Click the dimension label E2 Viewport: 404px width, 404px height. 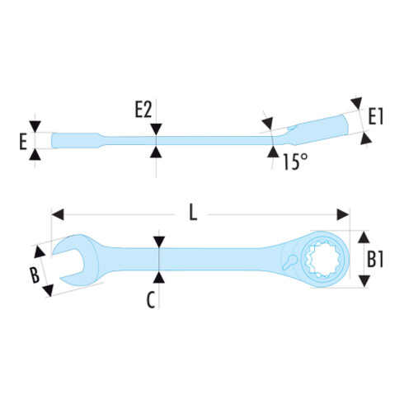[x=143, y=110]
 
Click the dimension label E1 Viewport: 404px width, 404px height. [x=375, y=116]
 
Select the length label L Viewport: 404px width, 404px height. [x=193, y=213]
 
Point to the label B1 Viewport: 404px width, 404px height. [x=375, y=259]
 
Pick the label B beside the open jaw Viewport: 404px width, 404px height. [x=35, y=275]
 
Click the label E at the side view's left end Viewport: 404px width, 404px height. [x=23, y=142]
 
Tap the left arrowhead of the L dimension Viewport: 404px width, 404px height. [x=58, y=214]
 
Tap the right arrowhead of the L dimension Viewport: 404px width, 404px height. [x=343, y=214]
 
